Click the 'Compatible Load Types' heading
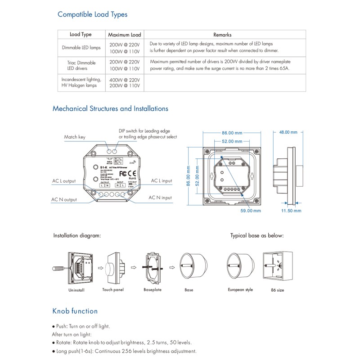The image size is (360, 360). point(92,14)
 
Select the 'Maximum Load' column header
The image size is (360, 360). point(125,35)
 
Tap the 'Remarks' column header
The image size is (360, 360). point(222,35)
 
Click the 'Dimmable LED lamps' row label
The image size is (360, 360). point(81,47)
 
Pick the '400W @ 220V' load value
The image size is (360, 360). point(125,79)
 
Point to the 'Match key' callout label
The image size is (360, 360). point(74,137)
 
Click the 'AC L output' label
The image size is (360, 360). point(63,181)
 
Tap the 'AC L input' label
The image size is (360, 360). point(162,180)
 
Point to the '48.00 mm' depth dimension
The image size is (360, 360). point(288,132)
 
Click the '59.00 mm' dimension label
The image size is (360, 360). point(251,210)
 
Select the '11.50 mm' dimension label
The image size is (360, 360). point(291,210)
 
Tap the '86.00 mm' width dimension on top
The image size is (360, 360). point(232,133)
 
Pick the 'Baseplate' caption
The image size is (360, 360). point(153,290)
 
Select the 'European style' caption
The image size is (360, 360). point(240,290)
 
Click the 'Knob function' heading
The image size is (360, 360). point(75,311)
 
